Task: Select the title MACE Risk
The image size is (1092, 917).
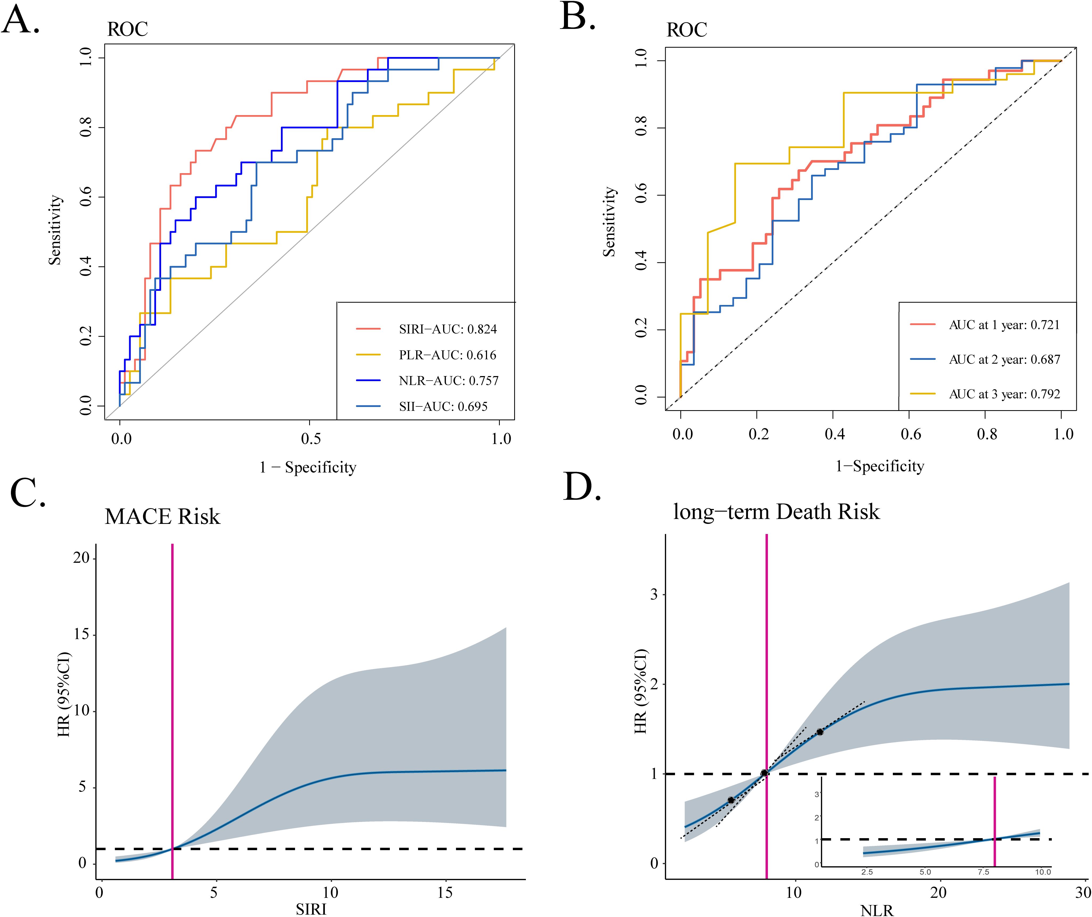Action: tap(162, 516)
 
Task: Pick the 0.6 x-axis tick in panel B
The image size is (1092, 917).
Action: tap(910, 434)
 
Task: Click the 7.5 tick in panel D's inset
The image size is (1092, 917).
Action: tap(983, 872)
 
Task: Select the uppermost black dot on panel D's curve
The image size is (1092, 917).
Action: tap(820, 732)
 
